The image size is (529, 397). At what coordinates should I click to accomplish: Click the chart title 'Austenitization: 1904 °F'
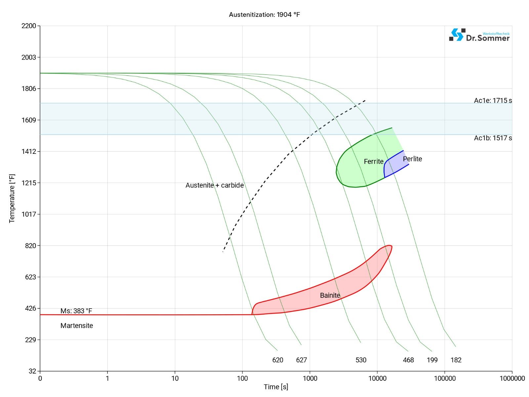(x=264, y=15)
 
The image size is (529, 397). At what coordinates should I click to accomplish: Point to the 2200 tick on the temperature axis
(x=29, y=26)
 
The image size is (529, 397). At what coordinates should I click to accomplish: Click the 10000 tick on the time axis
(x=377, y=378)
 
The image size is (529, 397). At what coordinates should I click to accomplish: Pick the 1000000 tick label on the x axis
(x=512, y=378)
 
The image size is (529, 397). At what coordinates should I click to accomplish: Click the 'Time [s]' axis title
(x=276, y=387)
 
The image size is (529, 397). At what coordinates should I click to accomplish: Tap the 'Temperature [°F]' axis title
(x=12, y=198)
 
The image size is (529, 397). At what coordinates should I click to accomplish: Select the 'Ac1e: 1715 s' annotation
(x=493, y=101)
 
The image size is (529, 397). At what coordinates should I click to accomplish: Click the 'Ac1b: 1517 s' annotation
(x=493, y=138)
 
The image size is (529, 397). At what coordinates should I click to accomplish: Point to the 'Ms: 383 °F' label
(x=76, y=311)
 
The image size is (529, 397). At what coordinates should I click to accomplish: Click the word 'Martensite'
(x=77, y=326)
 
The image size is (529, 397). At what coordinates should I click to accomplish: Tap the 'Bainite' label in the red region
(x=330, y=295)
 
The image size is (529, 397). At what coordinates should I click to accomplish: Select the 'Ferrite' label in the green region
(x=374, y=161)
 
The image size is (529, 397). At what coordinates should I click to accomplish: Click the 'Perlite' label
(x=412, y=159)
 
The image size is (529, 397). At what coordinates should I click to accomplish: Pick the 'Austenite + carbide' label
(x=215, y=185)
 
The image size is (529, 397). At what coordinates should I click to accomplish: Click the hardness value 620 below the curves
(x=278, y=360)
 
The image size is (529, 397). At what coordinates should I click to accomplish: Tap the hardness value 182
(x=456, y=360)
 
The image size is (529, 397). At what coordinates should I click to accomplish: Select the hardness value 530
(x=361, y=360)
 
